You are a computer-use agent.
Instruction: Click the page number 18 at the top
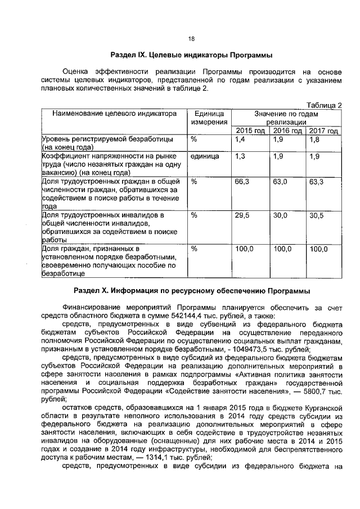[191, 39]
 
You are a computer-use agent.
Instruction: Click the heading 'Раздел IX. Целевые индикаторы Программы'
[192, 55]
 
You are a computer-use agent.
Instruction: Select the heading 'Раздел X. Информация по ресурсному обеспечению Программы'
[192, 291]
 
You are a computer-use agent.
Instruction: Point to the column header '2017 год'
[323, 131]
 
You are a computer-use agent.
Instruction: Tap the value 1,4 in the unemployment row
[241, 139]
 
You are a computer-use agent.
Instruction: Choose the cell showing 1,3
[241, 157]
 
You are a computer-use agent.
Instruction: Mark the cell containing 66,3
[242, 182]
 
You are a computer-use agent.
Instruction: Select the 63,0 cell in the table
[280, 182]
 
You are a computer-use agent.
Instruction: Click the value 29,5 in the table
[242, 215]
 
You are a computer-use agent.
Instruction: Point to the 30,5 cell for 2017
[317, 215]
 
